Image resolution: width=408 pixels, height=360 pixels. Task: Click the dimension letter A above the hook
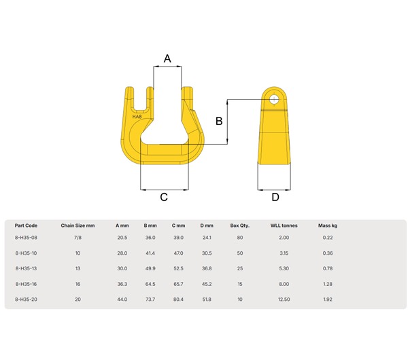pos(167,58)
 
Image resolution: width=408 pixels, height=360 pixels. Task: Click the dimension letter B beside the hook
pos(219,122)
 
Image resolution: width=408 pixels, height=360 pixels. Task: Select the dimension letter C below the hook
pos(164,197)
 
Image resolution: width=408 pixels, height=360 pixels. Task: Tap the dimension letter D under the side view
pos(275,197)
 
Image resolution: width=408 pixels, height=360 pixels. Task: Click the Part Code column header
pos(26,226)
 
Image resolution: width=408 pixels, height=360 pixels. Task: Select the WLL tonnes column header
pos(284,226)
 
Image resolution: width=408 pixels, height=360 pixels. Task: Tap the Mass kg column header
pos(328,226)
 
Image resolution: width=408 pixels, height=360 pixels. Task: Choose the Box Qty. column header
pos(239,226)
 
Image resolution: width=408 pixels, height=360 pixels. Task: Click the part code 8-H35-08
pos(27,238)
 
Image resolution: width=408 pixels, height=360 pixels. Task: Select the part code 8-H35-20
pos(27,299)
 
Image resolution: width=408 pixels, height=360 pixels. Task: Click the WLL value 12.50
pos(284,299)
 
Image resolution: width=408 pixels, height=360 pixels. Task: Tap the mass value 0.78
pos(328,268)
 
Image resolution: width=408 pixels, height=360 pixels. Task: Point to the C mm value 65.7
pos(178,284)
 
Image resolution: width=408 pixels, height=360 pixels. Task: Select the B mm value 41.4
pos(150,253)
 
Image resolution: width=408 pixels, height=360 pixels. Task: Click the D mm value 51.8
pos(207,299)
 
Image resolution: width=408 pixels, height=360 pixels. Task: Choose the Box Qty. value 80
pos(239,238)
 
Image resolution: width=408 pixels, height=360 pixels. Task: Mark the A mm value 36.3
pos(122,284)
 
